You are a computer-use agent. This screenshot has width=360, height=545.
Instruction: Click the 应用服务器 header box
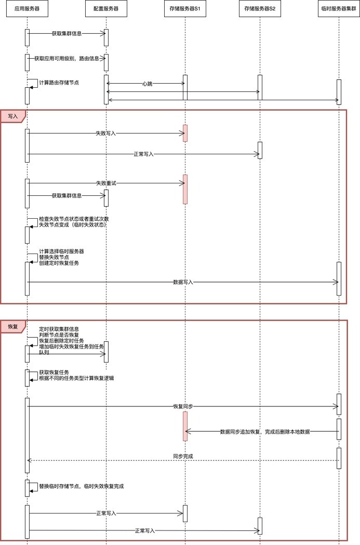point(27,9)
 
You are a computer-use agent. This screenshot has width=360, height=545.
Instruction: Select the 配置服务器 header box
point(106,9)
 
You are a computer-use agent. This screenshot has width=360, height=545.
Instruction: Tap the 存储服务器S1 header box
point(185,9)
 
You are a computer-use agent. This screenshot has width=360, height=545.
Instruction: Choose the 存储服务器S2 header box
point(260,9)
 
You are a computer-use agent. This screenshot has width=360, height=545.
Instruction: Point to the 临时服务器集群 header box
point(339,9)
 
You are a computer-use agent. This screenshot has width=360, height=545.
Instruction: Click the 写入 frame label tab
point(13,116)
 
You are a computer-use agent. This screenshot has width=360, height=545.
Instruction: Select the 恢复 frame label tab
point(13,326)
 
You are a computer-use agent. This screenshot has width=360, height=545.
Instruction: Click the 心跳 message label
point(148,84)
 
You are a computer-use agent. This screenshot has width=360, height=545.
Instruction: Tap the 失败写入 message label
point(105,133)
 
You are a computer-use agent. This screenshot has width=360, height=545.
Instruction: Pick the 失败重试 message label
point(106,183)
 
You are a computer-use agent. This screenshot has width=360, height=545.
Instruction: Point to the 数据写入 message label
point(183,282)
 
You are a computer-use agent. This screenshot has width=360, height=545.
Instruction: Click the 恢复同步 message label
point(183,406)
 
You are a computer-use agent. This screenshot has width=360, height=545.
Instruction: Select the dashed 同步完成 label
point(183,456)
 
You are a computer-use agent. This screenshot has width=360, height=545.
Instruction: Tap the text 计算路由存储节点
point(59,83)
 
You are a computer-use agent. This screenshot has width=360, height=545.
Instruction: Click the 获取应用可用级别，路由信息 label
point(66,59)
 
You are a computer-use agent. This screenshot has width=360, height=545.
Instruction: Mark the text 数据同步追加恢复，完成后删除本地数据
point(265,432)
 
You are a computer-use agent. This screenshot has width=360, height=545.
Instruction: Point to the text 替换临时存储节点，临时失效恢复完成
point(82,486)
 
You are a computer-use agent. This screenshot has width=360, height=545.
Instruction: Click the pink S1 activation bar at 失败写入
point(185,133)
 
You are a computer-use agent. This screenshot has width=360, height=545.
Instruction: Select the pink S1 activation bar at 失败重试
point(185,189)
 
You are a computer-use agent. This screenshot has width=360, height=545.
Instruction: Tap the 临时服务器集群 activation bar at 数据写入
point(339,279)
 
